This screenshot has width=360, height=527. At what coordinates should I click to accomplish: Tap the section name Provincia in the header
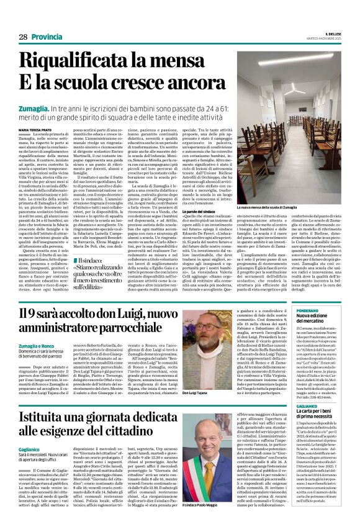(x=46, y=37)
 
